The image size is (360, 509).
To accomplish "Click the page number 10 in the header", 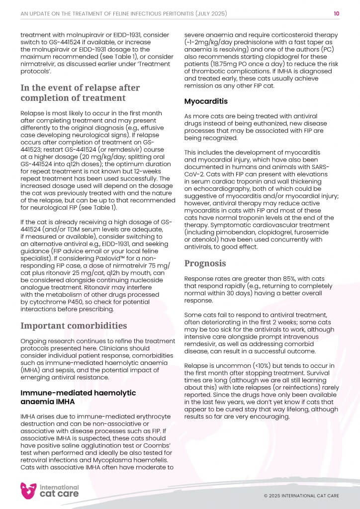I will coord(337,14).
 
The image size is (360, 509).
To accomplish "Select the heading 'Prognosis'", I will coord(205,263).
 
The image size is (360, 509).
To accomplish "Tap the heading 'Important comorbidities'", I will coord(74,326).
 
